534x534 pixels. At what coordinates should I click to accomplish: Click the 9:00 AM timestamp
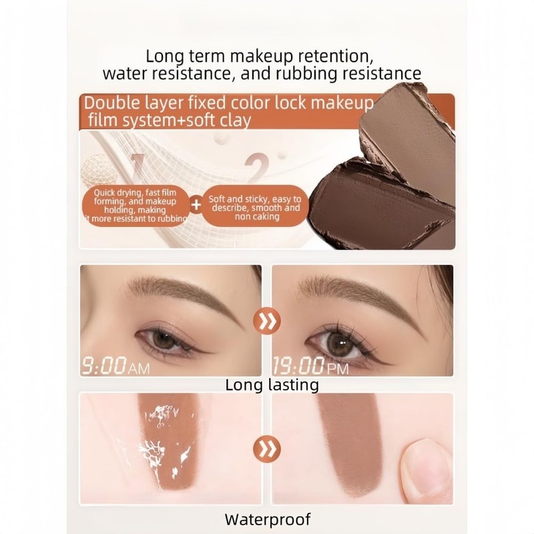click(x=115, y=366)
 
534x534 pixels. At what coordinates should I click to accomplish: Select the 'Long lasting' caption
click(x=272, y=385)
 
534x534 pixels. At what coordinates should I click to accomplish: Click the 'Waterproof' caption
click(x=267, y=519)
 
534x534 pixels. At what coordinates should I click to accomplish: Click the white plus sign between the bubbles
click(x=196, y=205)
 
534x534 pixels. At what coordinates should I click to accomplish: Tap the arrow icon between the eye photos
click(x=267, y=322)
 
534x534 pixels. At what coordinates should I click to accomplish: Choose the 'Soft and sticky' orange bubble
click(x=254, y=208)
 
